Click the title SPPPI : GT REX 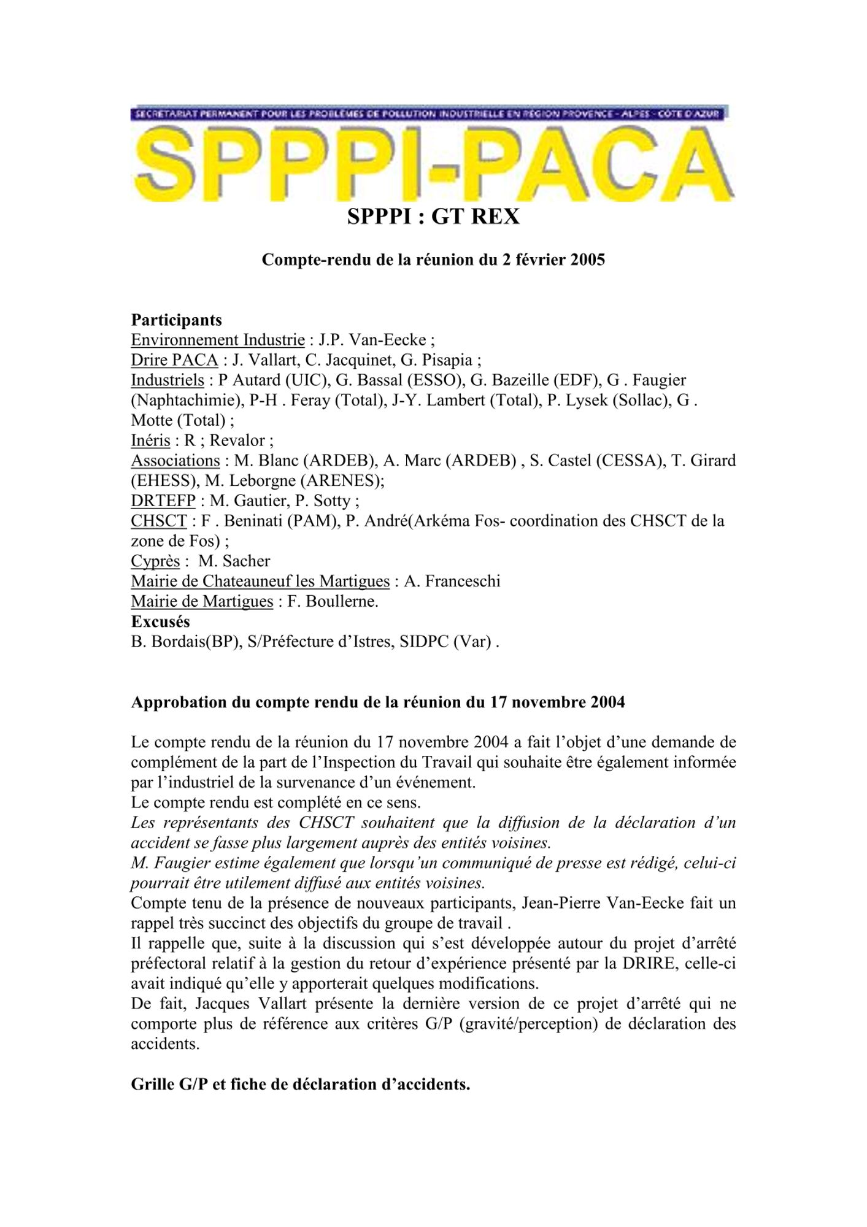pyautogui.click(x=433, y=217)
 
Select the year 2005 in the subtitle pyautogui.click(x=588, y=260)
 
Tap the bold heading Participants pyautogui.click(x=176, y=320)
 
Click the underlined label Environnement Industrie pyautogui.click(x=218, y=340)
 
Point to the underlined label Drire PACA pyautogui.click(x=174, y=360)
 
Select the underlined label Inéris pyautogui.click(x=150, y=440)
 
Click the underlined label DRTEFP pyautogui.click(x=163, y=501)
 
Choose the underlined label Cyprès pyautogui.click(x=155, y=561)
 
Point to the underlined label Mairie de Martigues pyautogui.click(x=202, y=602)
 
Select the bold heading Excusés pyautogui.click(x=160, y=621)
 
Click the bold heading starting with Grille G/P pyautogui.click(x=301, y=1084)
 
